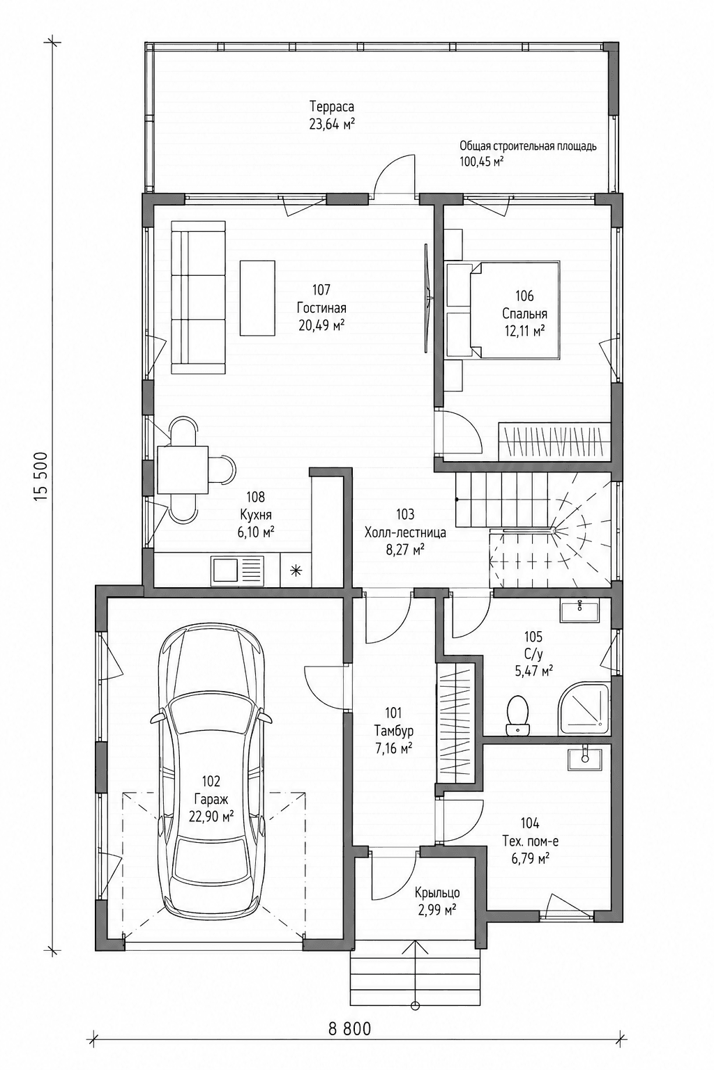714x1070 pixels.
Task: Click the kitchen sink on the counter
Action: pyautogui.click(x=238, y=571)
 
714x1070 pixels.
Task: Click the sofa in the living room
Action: pyautogui.click(x=198, y=297)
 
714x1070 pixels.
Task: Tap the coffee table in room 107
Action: pyautogui.click(x=257, y=299)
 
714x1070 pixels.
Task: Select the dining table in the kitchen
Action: pyautogui.click(x=183, y=470)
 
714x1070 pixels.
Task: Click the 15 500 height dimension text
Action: pyautogui.click(x=40, y=476)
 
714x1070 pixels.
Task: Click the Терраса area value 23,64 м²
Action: pyautogui.click(x=331, y=125)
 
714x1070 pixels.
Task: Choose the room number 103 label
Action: pyautogui.click(x=405, y=515)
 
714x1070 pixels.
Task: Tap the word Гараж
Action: pyautogui.click(x=211, y=799)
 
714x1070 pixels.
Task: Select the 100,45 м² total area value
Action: pyautogui.click(x=482, y=161)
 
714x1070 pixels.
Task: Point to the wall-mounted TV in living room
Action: pyautogui.click(x=427, y=299)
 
